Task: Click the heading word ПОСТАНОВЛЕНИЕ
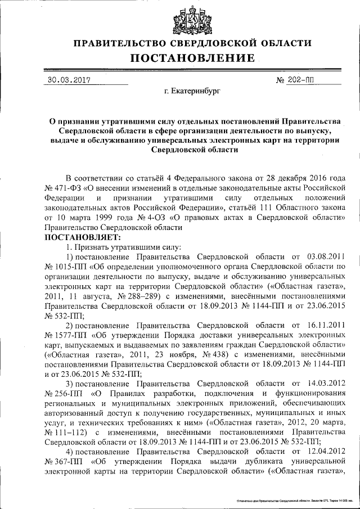coord(193,58)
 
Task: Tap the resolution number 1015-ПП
coord(64,268)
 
